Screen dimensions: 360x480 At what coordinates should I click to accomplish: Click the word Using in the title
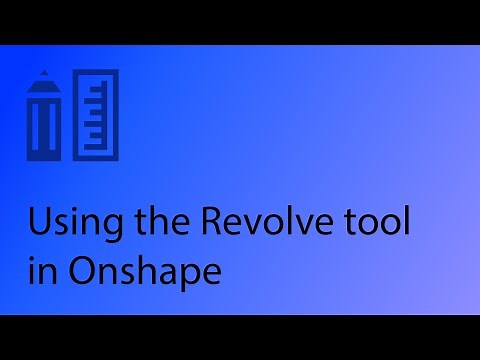pyautogui.click(x=65, y=222)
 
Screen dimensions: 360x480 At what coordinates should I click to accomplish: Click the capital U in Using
pyautogui.click(x=38, y=222)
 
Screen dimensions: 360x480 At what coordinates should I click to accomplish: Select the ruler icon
pyautogui.click(x=96, y=115)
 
